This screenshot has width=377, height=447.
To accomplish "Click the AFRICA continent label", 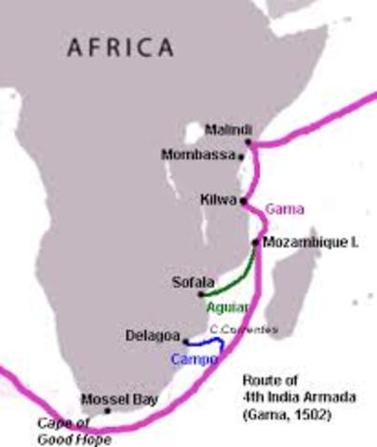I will (x=119, y=46).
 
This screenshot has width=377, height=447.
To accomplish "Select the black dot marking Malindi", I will (x=249, y=142).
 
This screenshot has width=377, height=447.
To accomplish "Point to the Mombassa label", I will (x=196, y=155).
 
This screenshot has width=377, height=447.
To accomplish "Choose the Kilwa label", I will (x=218, y=199).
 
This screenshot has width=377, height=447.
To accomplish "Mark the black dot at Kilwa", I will (x=243, y=200).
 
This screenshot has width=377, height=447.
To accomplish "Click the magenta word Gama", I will (x=285, y=209).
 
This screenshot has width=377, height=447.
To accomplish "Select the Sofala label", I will (x=193, y=279).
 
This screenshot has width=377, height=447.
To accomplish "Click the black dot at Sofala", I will (x=200, y=293).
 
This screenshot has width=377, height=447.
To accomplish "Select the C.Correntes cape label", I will (x=243, y=329).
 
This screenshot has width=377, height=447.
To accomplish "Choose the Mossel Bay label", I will (x=119, y=400).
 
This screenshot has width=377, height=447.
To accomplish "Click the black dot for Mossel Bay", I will (x=108, y=411).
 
